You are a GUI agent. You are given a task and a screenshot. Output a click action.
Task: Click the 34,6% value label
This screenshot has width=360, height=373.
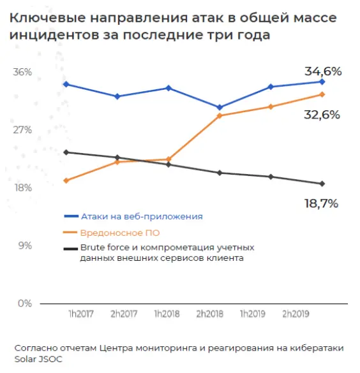(x=322, y=71)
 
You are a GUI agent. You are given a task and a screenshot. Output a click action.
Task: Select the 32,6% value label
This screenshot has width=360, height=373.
(x=322, y=115)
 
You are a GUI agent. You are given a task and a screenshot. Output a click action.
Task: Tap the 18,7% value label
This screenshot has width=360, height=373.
(x=321, y=203)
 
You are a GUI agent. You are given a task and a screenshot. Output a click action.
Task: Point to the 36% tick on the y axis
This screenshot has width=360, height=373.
(x=22, y=72)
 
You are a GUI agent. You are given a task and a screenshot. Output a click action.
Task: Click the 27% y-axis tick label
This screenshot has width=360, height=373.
(x=22, y=130)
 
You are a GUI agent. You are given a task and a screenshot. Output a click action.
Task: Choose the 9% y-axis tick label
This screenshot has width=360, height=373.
(x=24, y=245)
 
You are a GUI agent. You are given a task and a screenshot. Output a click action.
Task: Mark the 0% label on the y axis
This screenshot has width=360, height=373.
(x=24, y=304)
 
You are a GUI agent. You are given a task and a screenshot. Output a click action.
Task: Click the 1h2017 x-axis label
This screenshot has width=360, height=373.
(x=81, y=314)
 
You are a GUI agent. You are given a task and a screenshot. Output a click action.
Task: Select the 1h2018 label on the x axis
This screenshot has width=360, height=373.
(x=167, y=314)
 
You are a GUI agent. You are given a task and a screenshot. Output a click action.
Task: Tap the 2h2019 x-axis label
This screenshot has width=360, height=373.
(x=295, y=314)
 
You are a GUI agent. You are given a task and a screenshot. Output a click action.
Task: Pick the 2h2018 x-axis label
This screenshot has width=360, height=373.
(x=209, y=314)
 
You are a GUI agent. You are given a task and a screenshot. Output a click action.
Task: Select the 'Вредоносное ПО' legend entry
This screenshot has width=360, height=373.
(x=120, y=233)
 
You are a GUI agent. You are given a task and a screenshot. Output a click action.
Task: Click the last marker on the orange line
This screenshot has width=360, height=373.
(x=322, y=94)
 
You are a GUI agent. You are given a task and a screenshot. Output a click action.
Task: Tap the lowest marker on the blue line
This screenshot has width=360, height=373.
(x=220, y=107)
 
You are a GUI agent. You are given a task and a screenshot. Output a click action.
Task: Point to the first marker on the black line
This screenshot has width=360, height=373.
(x=66, y=152)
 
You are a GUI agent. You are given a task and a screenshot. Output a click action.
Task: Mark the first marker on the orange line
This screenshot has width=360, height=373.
(x=66, y=180)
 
